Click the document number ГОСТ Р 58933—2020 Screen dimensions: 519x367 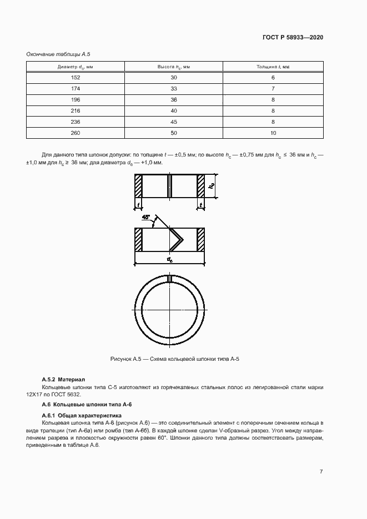click(x=293, y=37)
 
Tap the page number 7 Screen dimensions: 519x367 click(x=321, y=472)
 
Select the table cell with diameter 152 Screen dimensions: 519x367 click(x=76, y=78)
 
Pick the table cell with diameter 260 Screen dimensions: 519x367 click(x=76, y=133)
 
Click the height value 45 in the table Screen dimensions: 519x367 click(x=174, y=122)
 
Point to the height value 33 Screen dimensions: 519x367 click(x=174, y=89)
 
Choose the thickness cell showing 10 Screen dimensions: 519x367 click(x=273, y=133)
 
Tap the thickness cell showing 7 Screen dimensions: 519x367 click(x=273, y=89)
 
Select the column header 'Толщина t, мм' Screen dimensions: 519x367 click(x=273, y=67)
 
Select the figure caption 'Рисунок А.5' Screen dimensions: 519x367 click(x=175, y=359)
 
